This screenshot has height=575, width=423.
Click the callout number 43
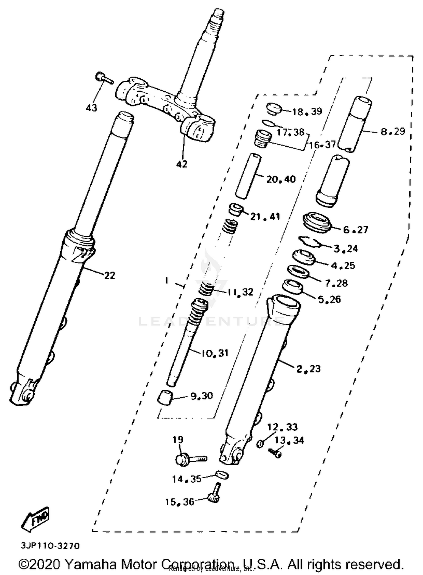coord(91,107)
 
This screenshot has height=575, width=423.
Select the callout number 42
coord(182,164)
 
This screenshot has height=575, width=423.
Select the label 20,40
coord(281,179)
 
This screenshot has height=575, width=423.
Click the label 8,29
coord(393,131)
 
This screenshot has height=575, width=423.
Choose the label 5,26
coord(329,299)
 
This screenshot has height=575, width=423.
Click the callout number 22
coord(110,275)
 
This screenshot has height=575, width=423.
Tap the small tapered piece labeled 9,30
coord(165,398)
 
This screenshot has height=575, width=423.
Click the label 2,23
coord(308,369)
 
